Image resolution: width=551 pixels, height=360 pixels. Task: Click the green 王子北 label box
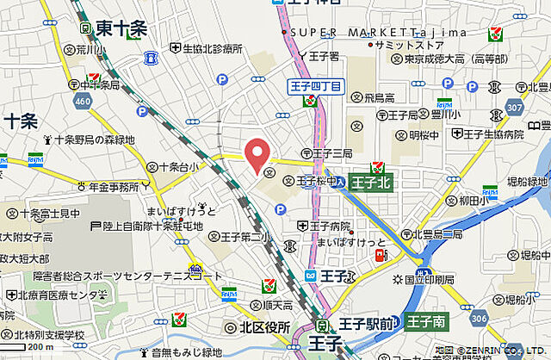[x=372, y=183]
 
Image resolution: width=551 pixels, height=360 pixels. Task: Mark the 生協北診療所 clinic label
[x=209, y=48]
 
